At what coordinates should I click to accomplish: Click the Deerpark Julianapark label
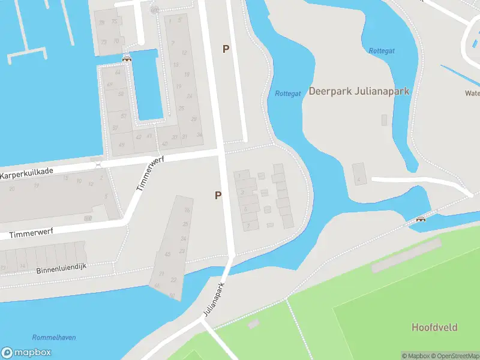[359, 91]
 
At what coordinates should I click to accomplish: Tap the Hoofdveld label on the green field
[434, 327]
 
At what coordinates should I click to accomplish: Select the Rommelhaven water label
[54, 338]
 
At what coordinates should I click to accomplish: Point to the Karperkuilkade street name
[27, 172]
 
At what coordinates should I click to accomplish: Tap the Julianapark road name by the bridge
[213, 299]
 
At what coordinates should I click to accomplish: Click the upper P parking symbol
[226, 49]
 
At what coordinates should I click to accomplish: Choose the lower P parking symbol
[218, 195]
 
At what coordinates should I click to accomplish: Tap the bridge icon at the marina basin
[127, 58]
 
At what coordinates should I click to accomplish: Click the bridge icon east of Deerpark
[421, 220]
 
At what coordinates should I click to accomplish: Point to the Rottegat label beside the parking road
[287, 94]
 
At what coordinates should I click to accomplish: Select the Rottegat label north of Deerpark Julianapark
[381, 50]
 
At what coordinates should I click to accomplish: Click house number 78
[102, 23]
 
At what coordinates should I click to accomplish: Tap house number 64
[118, 73]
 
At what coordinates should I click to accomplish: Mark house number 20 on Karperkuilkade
[11, 188]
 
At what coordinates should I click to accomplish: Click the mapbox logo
[26, 353]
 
